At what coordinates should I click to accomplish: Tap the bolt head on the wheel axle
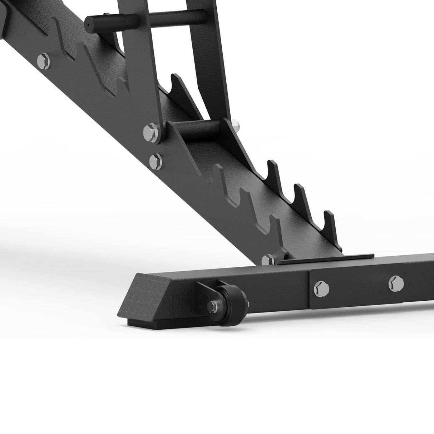point(213,306)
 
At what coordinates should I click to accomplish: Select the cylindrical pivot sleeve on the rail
point(200,131)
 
